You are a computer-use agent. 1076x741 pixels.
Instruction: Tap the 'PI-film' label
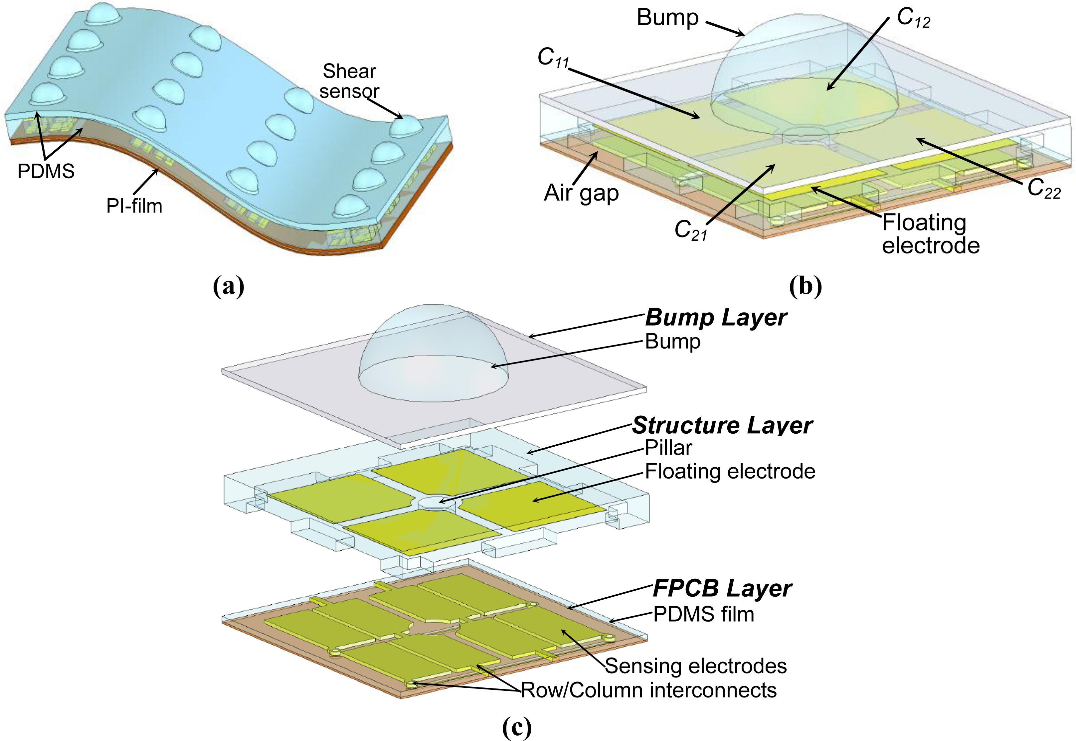point(134,206)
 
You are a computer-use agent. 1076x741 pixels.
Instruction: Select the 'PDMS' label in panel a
point(46,171)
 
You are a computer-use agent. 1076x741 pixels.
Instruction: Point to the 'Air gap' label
point(581,193)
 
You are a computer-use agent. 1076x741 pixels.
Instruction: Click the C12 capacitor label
point(913,18)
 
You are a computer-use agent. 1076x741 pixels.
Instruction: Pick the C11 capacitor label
point(553,58)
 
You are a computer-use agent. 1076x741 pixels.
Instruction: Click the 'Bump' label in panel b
point(667,18)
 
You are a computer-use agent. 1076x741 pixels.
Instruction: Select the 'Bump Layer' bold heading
point(716,318)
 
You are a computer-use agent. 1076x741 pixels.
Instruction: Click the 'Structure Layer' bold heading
point(722,425)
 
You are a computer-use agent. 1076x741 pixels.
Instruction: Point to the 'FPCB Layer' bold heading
point(722,588)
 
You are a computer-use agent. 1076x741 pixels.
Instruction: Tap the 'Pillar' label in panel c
point(668,448)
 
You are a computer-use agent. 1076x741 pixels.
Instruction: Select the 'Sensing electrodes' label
point(696,666)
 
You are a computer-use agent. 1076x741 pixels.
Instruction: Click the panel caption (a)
point(229,286)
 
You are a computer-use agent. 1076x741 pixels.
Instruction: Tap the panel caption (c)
point(516,728)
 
